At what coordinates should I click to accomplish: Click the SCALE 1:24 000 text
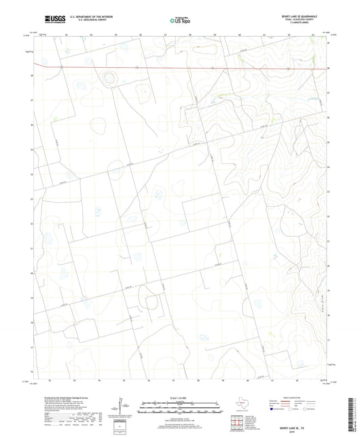tap(181, 397)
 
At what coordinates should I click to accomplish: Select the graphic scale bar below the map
tap(181, 407)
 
